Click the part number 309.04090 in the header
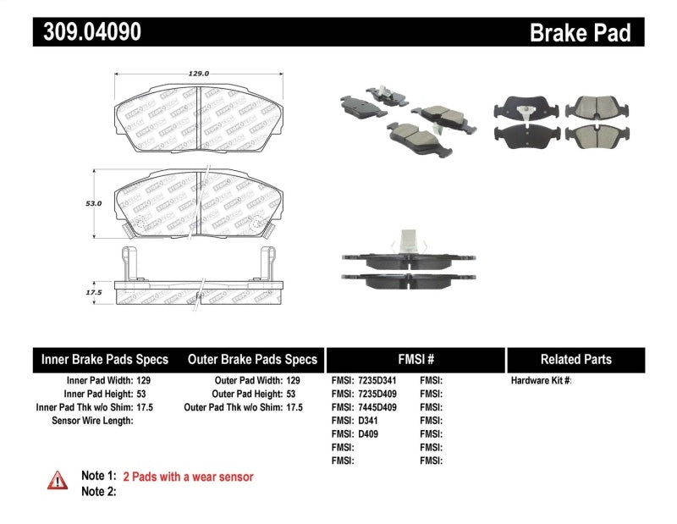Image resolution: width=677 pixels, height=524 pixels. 87,32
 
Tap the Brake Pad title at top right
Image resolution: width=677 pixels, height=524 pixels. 580,33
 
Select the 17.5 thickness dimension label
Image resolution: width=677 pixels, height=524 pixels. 93,292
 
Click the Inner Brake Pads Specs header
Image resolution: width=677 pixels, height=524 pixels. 105,359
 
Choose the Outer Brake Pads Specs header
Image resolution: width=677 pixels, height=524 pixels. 252,359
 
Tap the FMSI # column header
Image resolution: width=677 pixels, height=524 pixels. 416,359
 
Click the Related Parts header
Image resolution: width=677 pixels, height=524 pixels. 575,359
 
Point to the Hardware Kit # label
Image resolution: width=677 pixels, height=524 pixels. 542,381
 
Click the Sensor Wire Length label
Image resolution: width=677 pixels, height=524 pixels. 92,421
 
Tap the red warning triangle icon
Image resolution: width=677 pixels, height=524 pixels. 57,480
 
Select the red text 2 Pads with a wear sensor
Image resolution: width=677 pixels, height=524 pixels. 188,477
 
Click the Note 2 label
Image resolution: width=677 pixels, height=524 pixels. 98,491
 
